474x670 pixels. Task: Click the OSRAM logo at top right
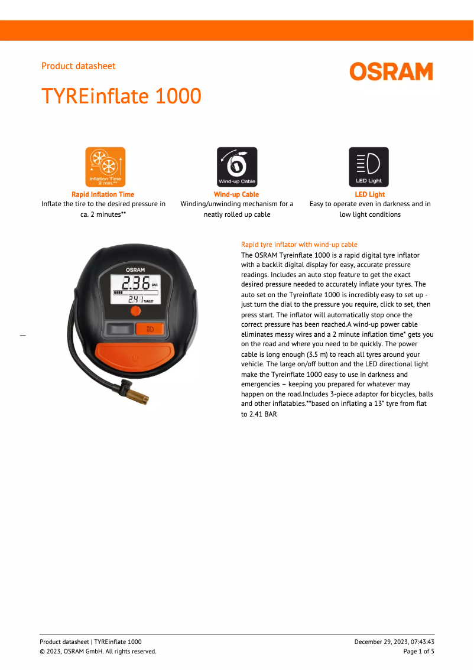point(391,71)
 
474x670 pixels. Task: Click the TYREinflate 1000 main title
point(121,96)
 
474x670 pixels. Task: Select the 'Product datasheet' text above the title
point(78,66)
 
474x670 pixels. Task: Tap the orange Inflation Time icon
point(105,167)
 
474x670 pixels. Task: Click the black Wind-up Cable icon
point(237,167)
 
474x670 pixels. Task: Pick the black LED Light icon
point(369,167)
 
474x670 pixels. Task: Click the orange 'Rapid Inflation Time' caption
point(103,194)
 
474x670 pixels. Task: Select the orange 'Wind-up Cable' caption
point(236,194)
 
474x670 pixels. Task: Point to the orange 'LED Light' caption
point(369,194)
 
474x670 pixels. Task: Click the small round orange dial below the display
point(135,311)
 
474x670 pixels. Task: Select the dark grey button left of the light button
point(119,329)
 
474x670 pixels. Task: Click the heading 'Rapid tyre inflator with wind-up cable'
point(299,245)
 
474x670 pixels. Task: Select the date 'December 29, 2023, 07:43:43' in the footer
point(394,642)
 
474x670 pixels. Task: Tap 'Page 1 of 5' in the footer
point(418,651)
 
